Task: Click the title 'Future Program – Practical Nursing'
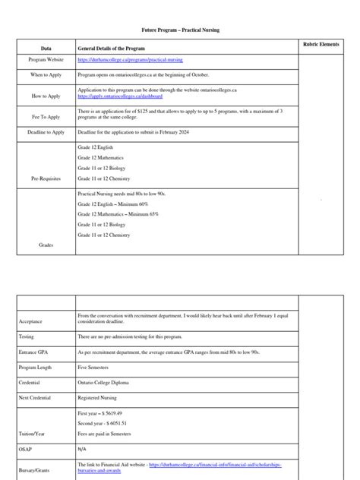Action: coord(179,28)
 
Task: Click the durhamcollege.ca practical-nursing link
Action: coord(130,59)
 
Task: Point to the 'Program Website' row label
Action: coord(46,59)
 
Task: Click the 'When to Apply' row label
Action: coord(46,76)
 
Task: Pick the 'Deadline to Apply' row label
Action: coord(46,132)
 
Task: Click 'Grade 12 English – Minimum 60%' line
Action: coord(113,205)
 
